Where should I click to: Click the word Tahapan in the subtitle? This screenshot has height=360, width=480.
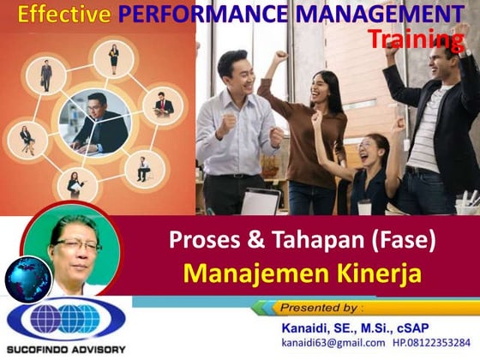pyautogui.click(x=305, y=243)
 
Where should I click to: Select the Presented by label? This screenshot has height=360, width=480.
pyautogui.click(x=321, y=306)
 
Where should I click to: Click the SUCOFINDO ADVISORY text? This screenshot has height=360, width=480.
pyautogui.click(x=65, y=349)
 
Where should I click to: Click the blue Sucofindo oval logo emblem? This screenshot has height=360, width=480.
pyautogui.click(x=65, y=320)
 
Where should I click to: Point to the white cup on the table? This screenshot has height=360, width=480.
pyautogui.click(x=363, y=207)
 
